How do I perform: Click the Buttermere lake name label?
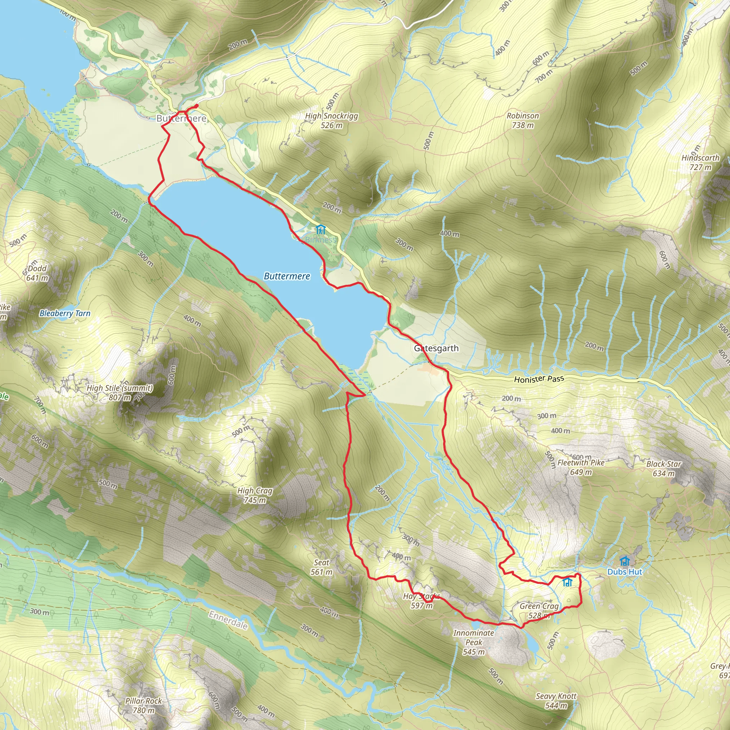pyautogui.click(x=287, y=276)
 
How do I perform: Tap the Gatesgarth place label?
pyautogui.click(x=436, y=348)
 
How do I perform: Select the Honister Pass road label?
pyautogui.click(x=539, y=379)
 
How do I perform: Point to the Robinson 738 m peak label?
pyautogui.click(x=523, y=120)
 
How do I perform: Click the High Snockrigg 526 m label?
pyautogui.click(x=331, y=120)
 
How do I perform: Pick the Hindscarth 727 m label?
pyautogui.click(x=700, y=163)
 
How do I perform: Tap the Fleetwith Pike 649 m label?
pyautogui.click(x=581, y=467)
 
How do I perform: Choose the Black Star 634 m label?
pyautogui.click(x=664, y=468)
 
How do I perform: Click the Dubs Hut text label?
pyautogui.click(x=624, y=572)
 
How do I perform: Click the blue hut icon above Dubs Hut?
pyautogui.click(x=624, y=561)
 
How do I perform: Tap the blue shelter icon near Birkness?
pyautogui.click(x=320, y=229)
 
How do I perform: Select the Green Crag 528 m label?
pyautogui.click(x=539, y=611)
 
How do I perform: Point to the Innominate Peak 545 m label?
pyautogui.click(x=474, y=642)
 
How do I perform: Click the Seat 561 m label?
pyautogui.click(x=322, y=567)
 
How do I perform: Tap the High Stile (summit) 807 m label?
pyautogui.click(x=120, y=392)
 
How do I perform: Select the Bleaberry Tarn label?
pyautogui.click(x=65, y=313)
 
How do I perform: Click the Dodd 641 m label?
pyautogui.click(x=37, y=273)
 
